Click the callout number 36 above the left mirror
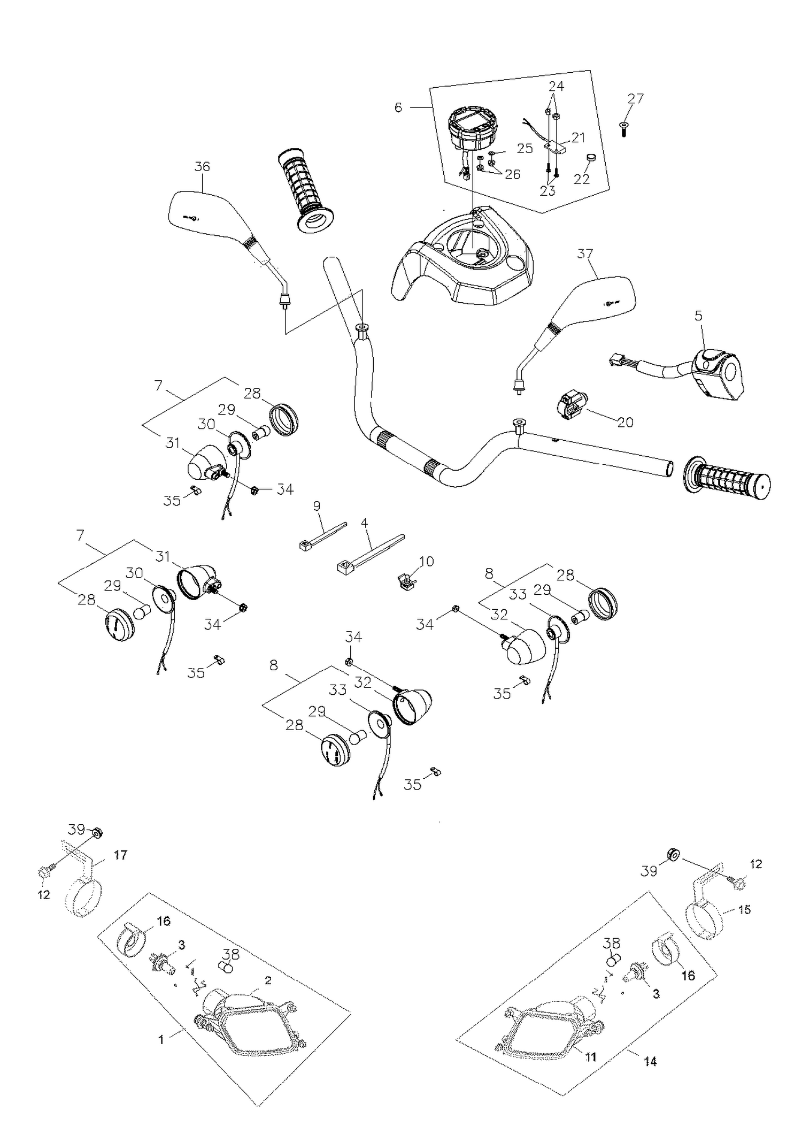click(202, 166)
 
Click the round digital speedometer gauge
click(472, 128)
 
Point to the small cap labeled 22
click(591, 158)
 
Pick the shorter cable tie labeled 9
click(321, 536)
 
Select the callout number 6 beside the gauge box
click(398, 108)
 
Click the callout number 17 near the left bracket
click(121, 855)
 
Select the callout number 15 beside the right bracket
click(744, 909)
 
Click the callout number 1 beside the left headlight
click(161, 1040)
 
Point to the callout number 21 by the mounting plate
click(578, 137)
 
